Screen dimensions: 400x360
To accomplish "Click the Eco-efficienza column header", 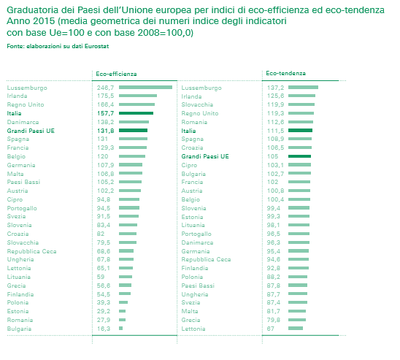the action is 116,74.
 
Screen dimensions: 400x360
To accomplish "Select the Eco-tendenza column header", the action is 285,73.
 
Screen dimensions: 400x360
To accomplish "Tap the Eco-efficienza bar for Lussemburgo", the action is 145,88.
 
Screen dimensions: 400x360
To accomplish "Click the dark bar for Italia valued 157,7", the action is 136,113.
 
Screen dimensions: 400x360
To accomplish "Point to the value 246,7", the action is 105,88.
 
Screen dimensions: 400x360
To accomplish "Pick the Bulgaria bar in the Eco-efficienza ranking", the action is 120,329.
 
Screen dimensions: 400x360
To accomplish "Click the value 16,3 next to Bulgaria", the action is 104,329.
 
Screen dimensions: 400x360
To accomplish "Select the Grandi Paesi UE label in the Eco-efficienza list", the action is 31,131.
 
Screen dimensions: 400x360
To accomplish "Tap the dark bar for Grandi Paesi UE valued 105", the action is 299,156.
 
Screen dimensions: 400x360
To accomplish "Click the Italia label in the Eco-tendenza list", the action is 188,131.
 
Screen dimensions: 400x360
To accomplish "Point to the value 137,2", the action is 275,88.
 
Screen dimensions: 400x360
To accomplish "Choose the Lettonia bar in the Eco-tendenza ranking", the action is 296,329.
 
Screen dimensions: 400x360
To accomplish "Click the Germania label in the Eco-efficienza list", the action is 21,165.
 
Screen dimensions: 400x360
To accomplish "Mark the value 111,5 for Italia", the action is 275,131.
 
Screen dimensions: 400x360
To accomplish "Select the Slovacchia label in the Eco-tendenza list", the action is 197,104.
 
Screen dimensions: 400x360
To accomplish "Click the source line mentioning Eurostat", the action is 58,46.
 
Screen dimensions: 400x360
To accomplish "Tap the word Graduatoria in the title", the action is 32,10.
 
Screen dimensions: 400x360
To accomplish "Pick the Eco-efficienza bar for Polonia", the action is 123,302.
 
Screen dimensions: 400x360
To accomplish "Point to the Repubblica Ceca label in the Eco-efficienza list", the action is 31,252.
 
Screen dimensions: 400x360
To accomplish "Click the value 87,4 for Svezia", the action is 274,302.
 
